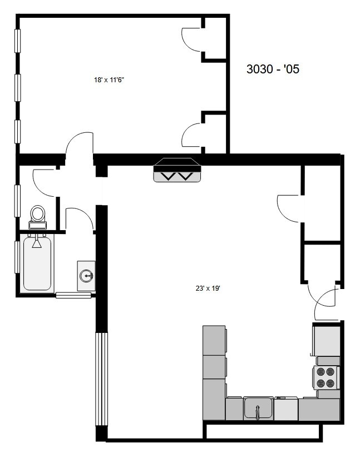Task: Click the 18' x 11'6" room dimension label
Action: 109,80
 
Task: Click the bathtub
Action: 38,263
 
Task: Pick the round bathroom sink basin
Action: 86,275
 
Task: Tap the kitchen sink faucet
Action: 258,412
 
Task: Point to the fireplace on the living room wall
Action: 176,170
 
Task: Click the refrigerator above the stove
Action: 327,340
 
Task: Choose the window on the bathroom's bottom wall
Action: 73,295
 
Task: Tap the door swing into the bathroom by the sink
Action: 79,218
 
